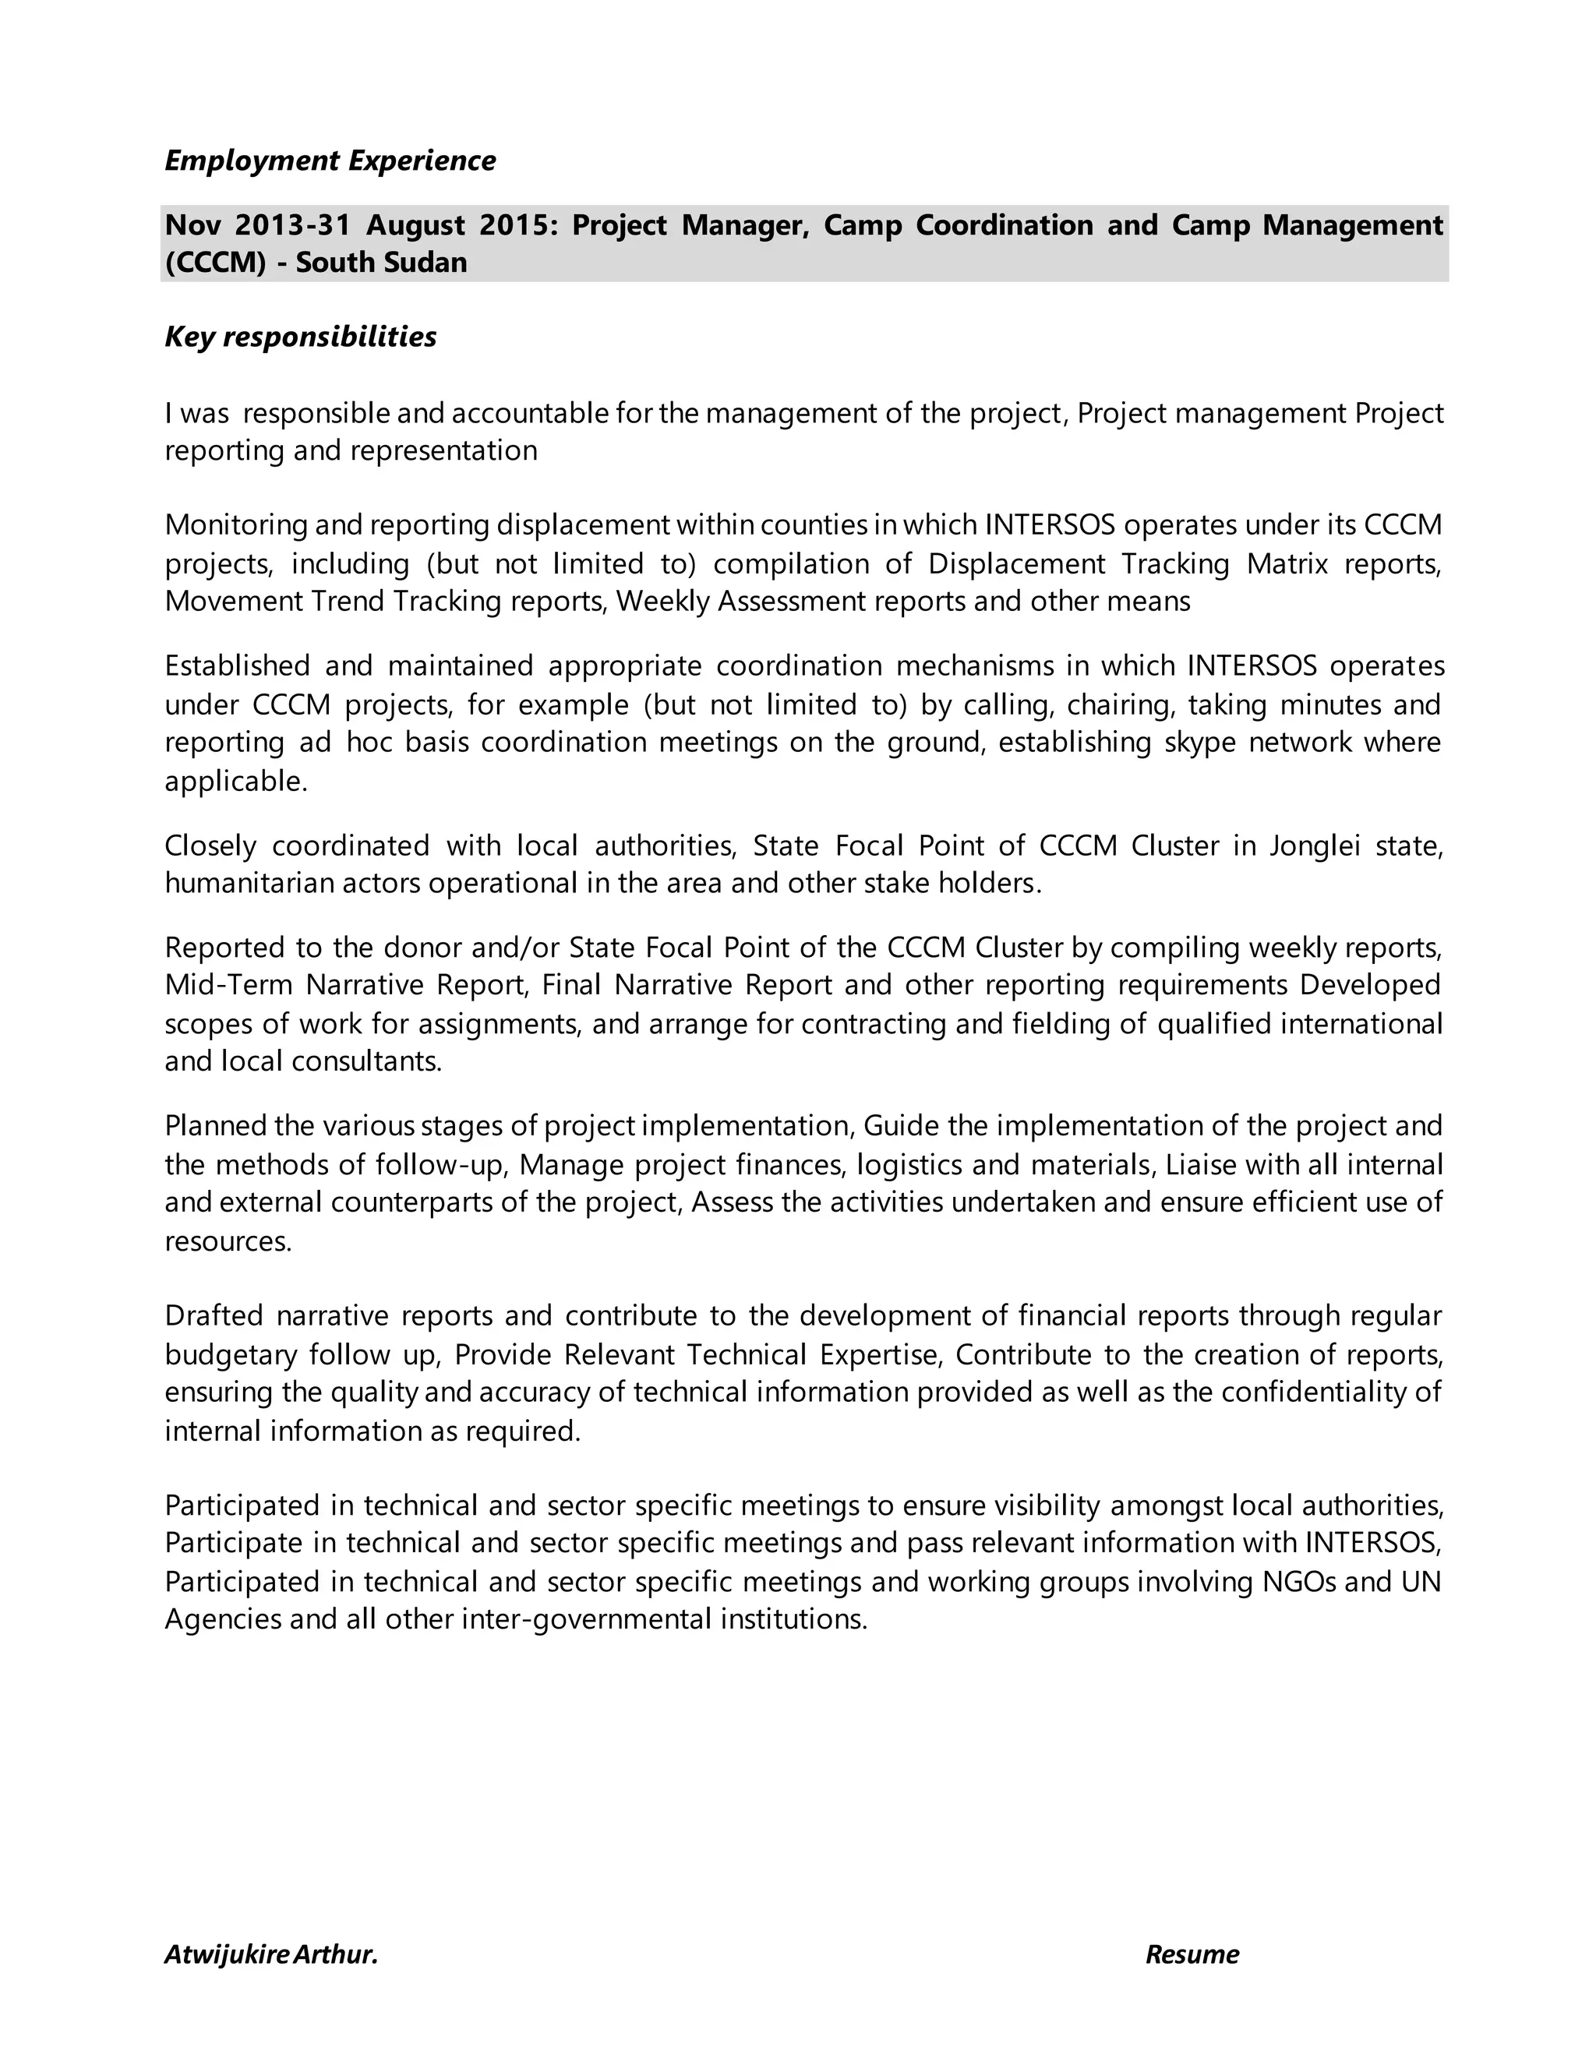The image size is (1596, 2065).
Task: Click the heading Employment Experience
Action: click(330, 161)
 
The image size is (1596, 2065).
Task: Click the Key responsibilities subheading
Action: click(301, 337)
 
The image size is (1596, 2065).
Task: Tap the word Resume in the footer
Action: click(1192, 1954)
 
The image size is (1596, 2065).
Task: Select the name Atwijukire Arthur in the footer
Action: click(270, 1954)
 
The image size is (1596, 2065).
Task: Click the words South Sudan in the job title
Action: click(381, 262)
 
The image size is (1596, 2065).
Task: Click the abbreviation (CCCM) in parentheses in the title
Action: click(216, 262)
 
